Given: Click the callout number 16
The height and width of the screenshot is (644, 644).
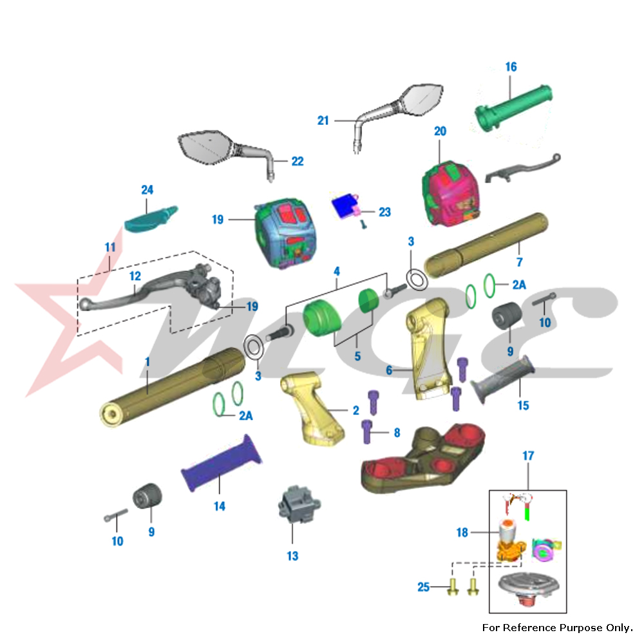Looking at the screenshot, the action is [511, 67].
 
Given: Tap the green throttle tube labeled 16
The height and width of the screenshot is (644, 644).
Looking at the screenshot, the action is [514, 108].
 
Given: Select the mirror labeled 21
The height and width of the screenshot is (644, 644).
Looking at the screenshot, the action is [398, 116].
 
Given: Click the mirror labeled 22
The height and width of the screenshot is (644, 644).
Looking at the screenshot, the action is [227, 154].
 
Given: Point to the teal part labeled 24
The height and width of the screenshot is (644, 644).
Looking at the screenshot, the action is [151, 219].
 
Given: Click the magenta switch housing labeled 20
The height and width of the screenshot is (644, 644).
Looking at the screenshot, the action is [451, 193].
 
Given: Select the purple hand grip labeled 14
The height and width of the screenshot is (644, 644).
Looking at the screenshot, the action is [222, 463].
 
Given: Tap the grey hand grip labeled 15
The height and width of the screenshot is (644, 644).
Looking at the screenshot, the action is [503, 379].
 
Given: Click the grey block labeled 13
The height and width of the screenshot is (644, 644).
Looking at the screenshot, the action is [299, 504].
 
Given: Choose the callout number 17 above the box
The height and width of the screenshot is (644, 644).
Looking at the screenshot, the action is [528, 456].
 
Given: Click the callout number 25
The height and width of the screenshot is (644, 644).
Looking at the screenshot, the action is [424, 587].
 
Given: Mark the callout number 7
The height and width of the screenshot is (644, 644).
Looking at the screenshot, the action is [520, 262].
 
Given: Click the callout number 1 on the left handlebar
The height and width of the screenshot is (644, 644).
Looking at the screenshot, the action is [147, 362].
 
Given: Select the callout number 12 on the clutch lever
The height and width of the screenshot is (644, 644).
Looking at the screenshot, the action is [135, 276].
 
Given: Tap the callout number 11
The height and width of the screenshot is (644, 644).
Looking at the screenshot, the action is [110, 247].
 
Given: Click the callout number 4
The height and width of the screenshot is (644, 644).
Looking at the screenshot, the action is [337, 271].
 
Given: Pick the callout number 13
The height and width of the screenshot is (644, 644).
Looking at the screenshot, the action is [292, 556].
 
